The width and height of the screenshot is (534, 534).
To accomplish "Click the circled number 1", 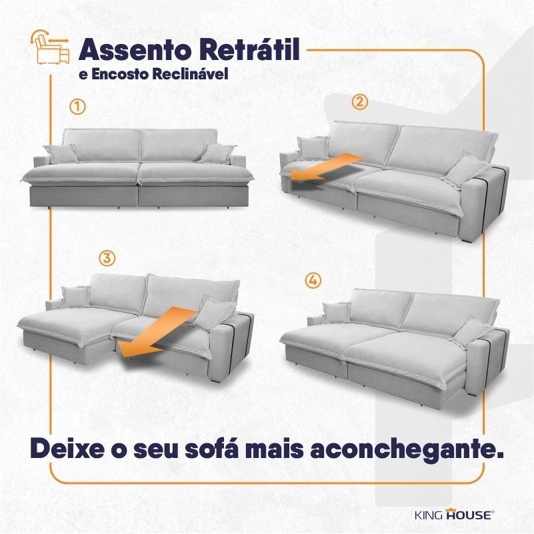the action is tap(77, 107).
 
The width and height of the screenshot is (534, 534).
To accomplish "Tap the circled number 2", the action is tap(360, 102).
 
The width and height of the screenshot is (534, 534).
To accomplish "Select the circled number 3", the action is tap(107, 259).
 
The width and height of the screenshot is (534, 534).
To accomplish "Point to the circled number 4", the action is tap(313, 281).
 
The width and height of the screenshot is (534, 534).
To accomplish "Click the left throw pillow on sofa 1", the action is tap(60, 153).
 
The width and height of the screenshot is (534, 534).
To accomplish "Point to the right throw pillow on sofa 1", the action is tap(218, 153).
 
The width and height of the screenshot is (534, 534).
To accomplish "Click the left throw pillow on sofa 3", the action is tap(75, 295).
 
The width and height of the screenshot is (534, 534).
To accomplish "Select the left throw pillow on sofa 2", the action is tap(313, 147).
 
